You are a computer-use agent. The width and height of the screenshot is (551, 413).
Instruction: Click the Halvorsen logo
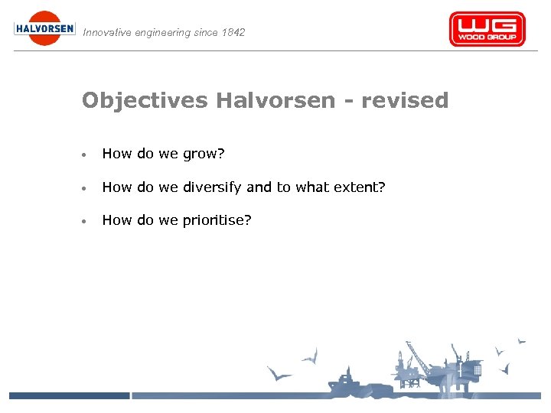(44, 28)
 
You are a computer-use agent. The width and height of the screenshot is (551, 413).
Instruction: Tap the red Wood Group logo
(487, 29)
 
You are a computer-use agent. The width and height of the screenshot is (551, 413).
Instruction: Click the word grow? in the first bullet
(203, 154)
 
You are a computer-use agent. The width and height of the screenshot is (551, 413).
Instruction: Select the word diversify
(212, 187)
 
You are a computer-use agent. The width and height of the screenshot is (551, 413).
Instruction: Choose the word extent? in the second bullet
(360, 187)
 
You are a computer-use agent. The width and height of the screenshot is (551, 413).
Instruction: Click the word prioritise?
(217, 221)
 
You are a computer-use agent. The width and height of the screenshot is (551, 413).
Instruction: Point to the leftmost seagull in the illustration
(279, 375)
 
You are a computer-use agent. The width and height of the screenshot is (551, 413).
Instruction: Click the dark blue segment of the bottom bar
(69, 395)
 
